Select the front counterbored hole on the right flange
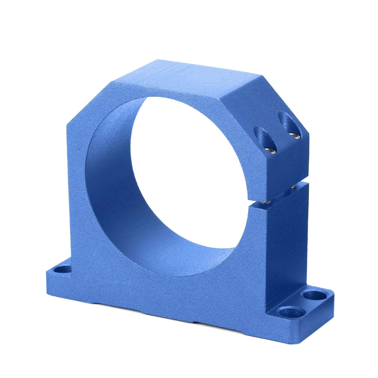click(x=289, y=311)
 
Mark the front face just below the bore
click(x=177, y=289)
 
